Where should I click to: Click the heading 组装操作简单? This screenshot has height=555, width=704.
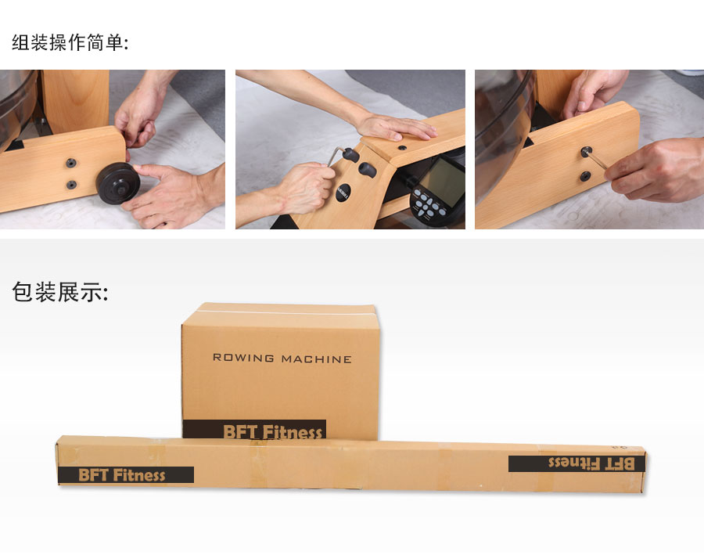[x=70, y=42]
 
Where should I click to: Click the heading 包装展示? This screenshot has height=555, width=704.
[x=59, y=292]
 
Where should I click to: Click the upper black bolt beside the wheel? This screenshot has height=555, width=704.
[x=71, y=163]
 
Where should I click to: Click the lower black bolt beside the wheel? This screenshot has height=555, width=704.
[x=71, y=185]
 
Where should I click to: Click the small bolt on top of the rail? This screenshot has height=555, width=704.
[x=401, y=146]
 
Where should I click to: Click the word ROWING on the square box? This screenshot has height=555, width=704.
[x=243, y=359]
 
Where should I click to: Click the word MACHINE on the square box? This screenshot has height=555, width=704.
[x=316, y=359]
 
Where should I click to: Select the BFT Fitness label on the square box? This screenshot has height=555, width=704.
[x=255, y=431]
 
